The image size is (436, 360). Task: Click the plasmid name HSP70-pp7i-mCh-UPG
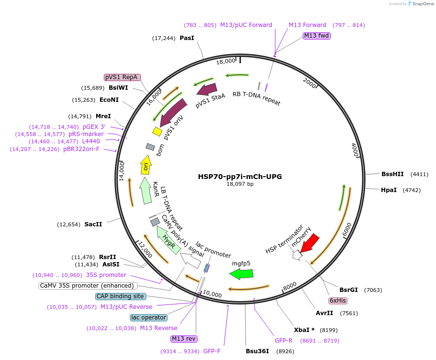pos(240,177)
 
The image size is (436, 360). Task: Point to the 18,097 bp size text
pos(240,184)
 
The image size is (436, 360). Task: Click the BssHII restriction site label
pos(392,174)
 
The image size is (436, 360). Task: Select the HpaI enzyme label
pos(389,190)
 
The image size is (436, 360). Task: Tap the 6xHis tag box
pos(338,301)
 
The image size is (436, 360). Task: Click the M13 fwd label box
pos(316,36)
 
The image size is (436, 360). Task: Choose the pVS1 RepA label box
pos(122,77)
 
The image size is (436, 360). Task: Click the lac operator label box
pos(149,318)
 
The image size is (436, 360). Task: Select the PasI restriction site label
pos(187,38)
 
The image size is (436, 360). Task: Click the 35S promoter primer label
pos(106,275)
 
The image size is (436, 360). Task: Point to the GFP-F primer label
pos(212,351)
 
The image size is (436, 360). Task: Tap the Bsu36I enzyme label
pos(257,351)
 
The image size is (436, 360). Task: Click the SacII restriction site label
pos(93,224)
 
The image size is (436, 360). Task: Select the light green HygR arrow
pos(169,240)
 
